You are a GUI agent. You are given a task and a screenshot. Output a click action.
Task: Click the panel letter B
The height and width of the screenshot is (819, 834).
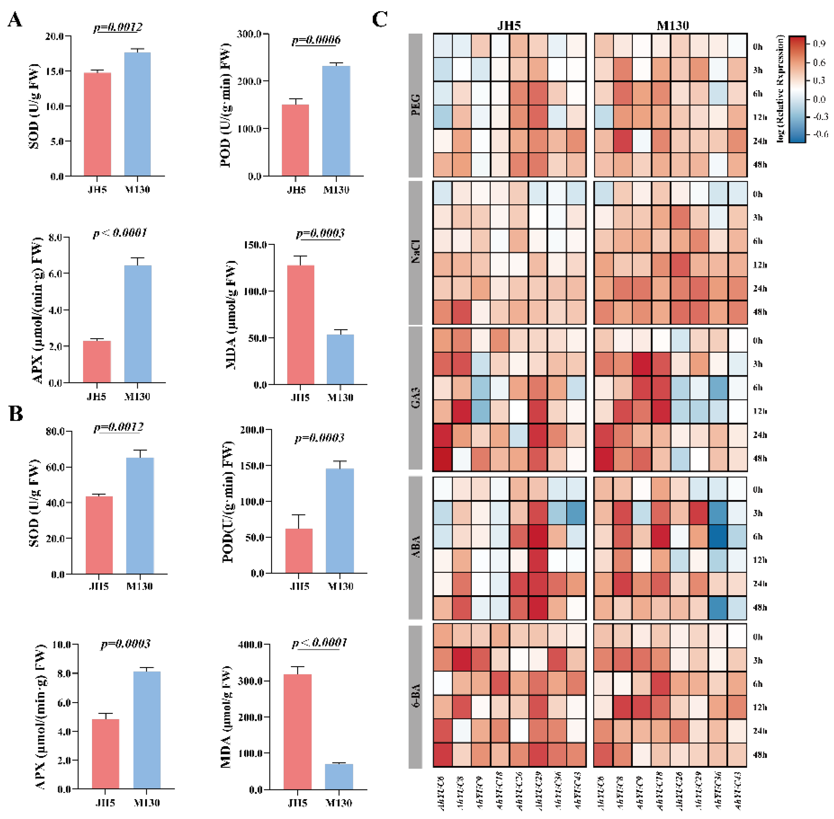tap(16, 414)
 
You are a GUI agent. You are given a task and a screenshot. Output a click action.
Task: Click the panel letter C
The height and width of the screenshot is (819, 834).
tap(380, 20)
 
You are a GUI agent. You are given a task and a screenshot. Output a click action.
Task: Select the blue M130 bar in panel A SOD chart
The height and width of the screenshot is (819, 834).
tap(137, 114)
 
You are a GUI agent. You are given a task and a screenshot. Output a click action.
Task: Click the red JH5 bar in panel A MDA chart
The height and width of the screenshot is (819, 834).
tap(300, 325)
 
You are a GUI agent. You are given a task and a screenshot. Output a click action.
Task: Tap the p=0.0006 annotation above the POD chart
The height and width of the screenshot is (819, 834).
tap(316, 40)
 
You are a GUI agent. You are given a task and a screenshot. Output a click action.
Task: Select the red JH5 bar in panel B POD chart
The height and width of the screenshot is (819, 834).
tap(299, 551)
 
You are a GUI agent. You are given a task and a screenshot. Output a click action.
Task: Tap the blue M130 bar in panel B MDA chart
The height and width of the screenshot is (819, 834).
tap(339, 776)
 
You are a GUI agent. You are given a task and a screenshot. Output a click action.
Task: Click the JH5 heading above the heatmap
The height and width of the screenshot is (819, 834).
tap(509, 25)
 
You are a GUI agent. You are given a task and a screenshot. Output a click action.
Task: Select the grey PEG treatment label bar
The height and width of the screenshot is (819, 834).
tap(415, 105)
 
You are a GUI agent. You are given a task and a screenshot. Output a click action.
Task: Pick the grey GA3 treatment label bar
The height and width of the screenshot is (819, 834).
tap(415, 398)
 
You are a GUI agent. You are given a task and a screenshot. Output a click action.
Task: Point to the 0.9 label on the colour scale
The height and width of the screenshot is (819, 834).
tap(819, 44)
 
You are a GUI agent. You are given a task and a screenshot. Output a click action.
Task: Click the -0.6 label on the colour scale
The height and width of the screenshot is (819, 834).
tap(820, 135)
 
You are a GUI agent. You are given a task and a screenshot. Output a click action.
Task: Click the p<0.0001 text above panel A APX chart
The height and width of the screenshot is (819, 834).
tap(120, 233)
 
